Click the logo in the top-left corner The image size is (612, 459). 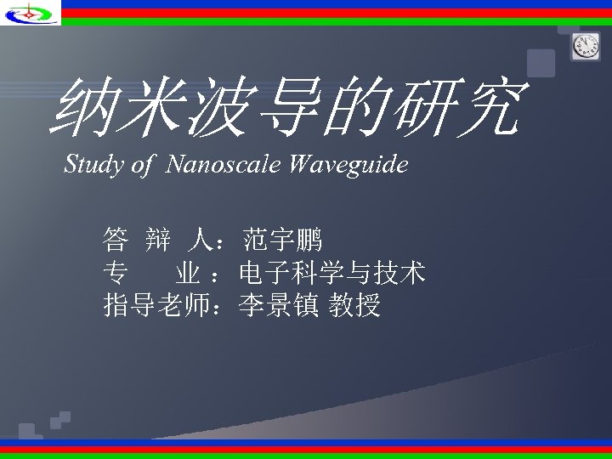point(30,12)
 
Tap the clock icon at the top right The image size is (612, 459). point(586,48)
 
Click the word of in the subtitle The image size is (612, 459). point(141,164)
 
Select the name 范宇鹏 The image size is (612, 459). point(282,241)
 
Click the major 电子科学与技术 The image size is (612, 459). point(332,273)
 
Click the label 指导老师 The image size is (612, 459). point(156,304)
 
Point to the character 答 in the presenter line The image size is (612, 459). point(116,241)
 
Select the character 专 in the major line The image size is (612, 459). point(116,273)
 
